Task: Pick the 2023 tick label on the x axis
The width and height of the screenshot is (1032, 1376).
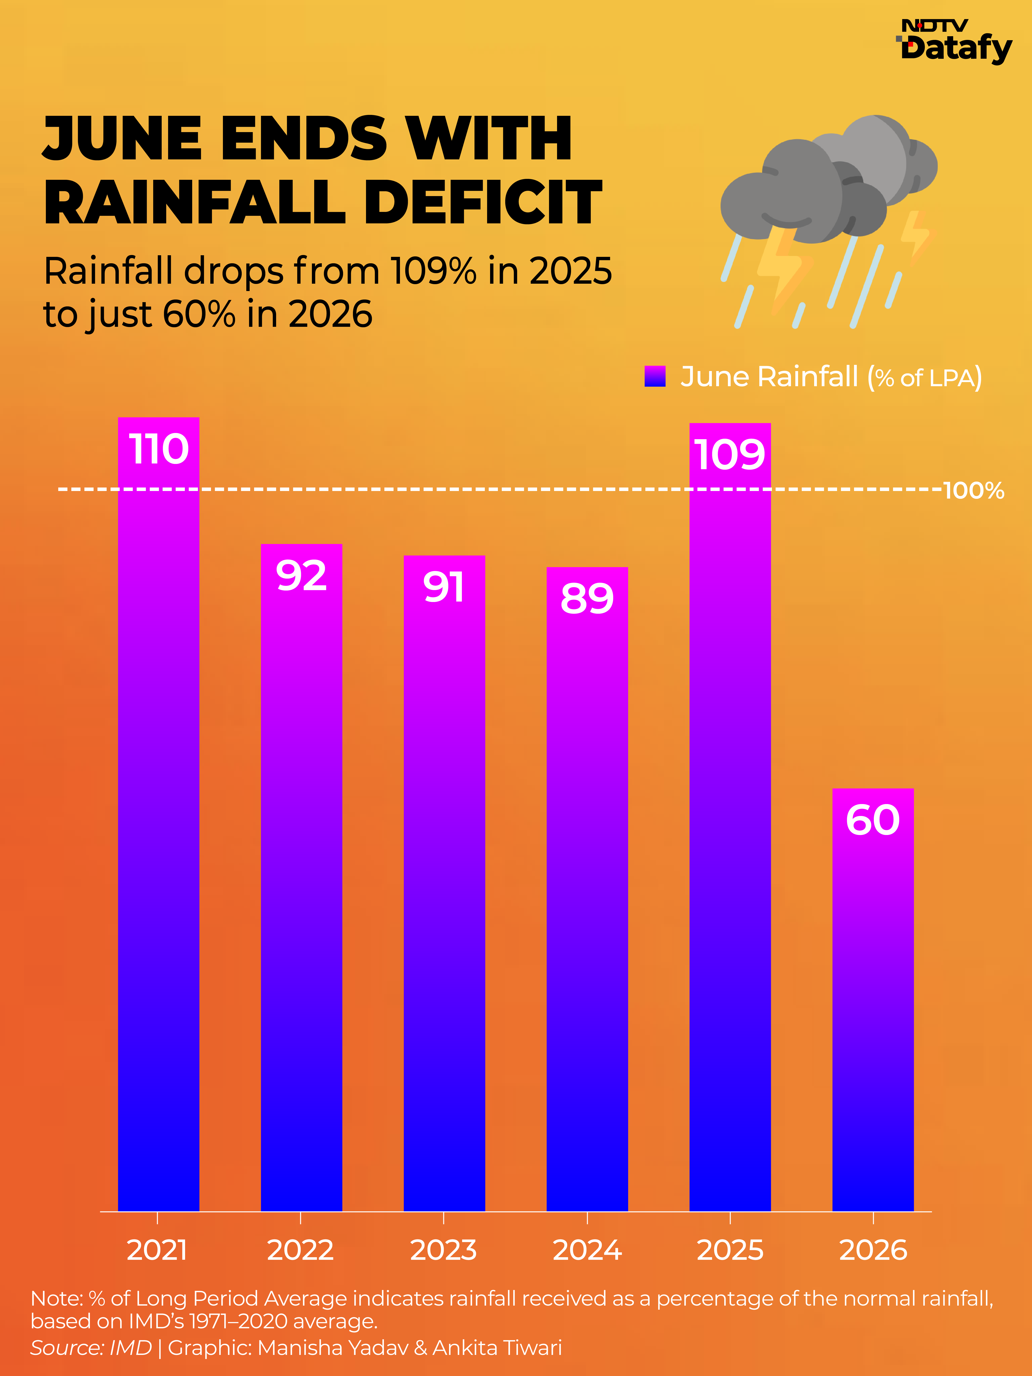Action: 444,1250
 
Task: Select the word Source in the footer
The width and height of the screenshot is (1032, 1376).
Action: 64,1347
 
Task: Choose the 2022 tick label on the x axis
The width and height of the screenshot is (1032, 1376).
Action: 300,1250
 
